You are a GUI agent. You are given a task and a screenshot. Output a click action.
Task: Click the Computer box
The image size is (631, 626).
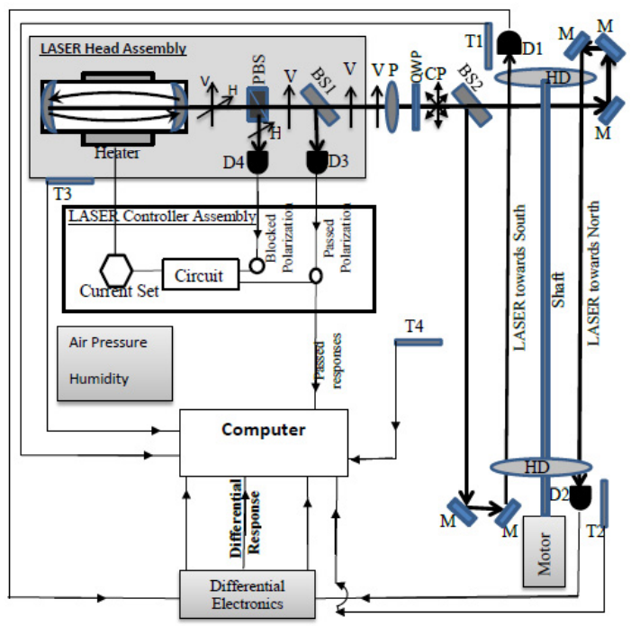[x=263, y=443]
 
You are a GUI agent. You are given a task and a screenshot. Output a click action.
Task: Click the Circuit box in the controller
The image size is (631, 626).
[x=200, y=274]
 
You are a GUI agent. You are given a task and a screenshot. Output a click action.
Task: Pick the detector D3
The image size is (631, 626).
[x=317, y=162]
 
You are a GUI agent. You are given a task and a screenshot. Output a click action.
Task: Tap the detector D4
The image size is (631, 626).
[x=257, y=162]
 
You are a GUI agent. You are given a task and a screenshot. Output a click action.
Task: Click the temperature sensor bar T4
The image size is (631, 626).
[x=418, y=342]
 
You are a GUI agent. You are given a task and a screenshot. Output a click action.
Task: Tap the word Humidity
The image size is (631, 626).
[x=99, y=379]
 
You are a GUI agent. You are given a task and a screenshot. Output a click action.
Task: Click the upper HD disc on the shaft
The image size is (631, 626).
[x=545, y=79]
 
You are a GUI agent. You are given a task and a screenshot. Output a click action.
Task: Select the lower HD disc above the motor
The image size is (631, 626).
[x=538, y=468]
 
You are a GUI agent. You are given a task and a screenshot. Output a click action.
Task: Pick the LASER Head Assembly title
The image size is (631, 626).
[x=113, y=49]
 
